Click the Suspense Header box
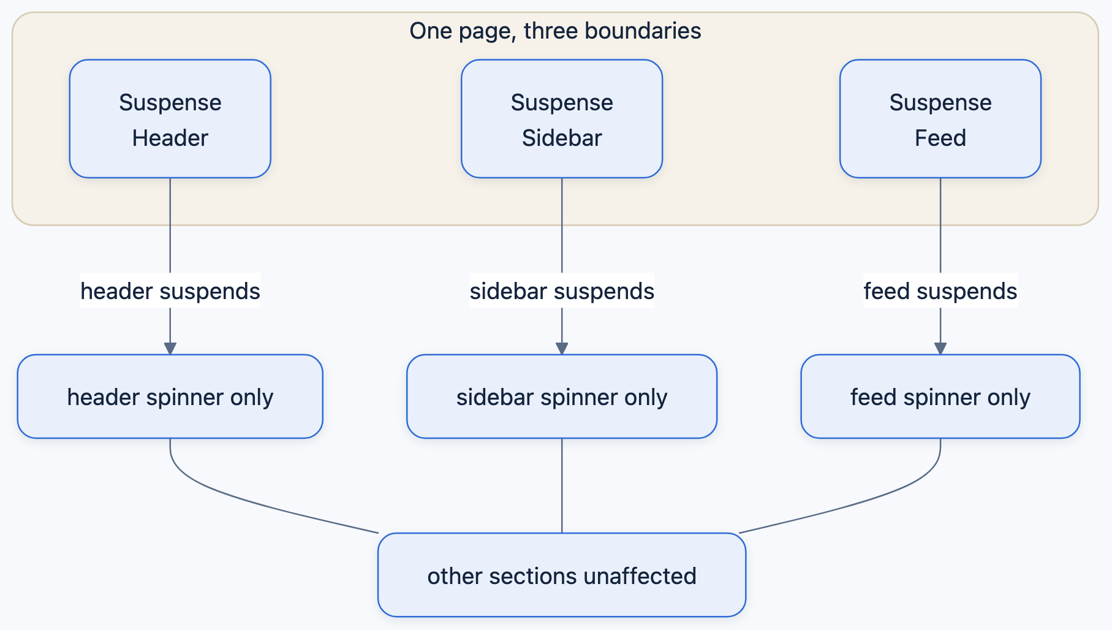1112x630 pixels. (170, 119)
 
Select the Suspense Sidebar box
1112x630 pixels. (562, 119)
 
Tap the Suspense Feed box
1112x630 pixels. (940, 119)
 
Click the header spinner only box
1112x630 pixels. (170, 397)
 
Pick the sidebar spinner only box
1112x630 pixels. (562, 397)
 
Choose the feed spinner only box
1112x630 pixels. (940, 397)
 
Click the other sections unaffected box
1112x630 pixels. (562, 575)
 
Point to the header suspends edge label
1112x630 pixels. (170, 290)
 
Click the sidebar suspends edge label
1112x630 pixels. (562, 290)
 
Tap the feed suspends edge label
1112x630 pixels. (940, 290)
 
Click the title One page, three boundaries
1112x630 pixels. (555, 31)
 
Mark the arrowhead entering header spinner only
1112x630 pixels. (170, 349)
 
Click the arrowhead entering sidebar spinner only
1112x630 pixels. (562, 349)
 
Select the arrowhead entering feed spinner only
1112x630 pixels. (940, 349)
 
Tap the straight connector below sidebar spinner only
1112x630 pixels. (562, 485)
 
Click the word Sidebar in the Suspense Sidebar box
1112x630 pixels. (562, 138)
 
